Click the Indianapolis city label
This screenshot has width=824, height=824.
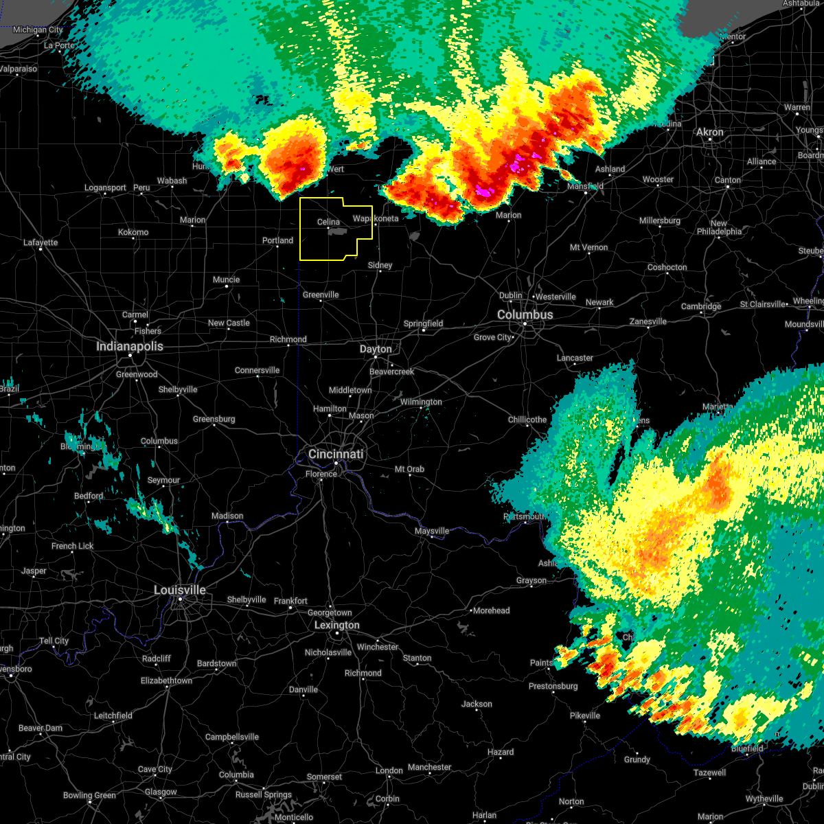[x=130, y=346]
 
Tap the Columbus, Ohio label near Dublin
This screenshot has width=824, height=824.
[x=525, y=314]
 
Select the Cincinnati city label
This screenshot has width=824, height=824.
[x=336, y=454]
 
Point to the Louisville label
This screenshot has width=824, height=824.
[x=180, y=590]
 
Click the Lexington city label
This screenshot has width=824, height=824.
[x=336, y=625]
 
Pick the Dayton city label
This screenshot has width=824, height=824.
[x=376, y=349]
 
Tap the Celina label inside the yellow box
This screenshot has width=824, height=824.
[x=328, y=222]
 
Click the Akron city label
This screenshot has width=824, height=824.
[x=710, y=132]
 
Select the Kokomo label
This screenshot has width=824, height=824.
[x=133, y=232]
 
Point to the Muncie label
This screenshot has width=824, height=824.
[x=226, y=279]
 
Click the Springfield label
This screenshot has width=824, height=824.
[x=423, y=323]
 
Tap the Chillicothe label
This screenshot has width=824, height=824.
[x=527, y=420]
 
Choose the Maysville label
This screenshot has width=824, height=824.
[x=432, y=531]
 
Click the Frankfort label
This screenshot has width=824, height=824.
[x=290, y=601]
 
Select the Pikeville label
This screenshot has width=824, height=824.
[x=585, y=716]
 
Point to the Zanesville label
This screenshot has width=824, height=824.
[x=648, y=321]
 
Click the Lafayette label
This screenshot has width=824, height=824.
[x=41, y=242]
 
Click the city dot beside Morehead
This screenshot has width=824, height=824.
[x=470, y=610]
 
